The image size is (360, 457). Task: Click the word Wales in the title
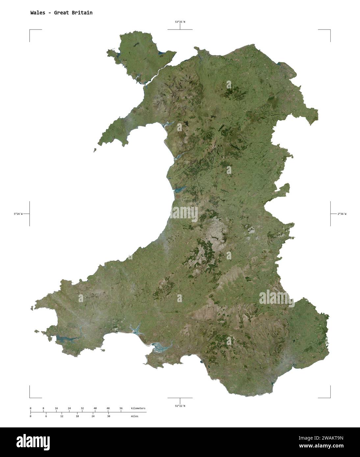(38, 13)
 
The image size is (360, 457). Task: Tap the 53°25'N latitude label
(180, 22)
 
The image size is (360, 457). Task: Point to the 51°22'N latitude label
(180, 406)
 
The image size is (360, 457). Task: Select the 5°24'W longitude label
(18, 214)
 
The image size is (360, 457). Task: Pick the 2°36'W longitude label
(342, 214)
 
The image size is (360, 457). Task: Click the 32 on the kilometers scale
(82, 408)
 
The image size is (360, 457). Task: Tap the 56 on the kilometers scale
(121, 408)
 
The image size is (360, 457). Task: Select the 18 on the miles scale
(77, 416)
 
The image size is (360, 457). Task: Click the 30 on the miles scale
(109, 416)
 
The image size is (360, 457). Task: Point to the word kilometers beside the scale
(138, 408)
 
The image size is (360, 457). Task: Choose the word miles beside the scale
(134, 416)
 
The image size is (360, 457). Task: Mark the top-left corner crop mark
(30, 30)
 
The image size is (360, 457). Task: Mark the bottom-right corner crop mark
(330, 397)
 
